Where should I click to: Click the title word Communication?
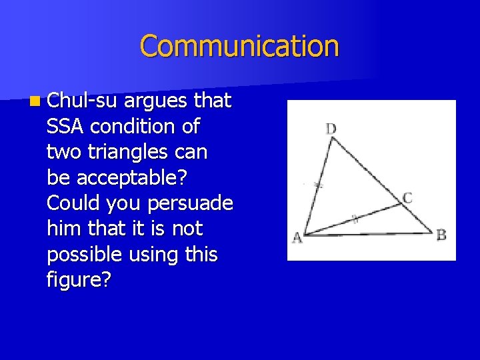point(239,46)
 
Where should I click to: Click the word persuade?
point(195,203)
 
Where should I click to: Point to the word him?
point(61,228)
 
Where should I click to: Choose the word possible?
point(85,253)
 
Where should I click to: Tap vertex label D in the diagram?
point(331,128)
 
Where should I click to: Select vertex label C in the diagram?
point(407,198)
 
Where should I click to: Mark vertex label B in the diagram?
point(441,235)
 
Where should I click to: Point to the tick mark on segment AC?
point(355,218)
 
